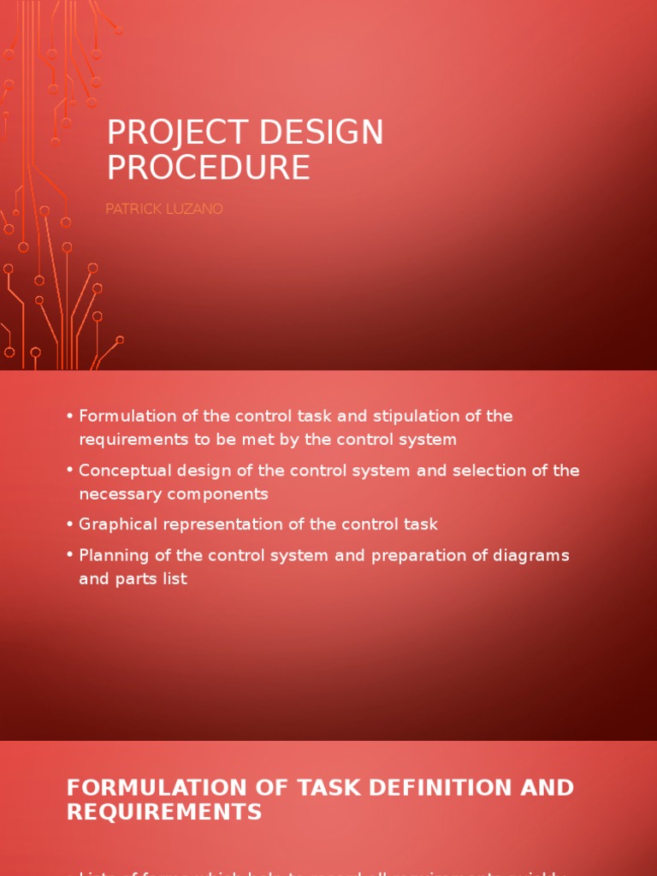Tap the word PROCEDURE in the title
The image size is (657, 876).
208,168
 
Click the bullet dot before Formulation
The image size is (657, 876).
69,417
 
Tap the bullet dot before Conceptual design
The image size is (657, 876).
69,471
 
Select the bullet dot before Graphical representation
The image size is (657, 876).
69,524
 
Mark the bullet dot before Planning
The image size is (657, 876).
69,555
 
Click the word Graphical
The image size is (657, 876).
116,524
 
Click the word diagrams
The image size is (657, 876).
531,555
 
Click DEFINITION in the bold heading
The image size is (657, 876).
432,787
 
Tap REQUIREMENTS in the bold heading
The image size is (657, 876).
164,811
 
